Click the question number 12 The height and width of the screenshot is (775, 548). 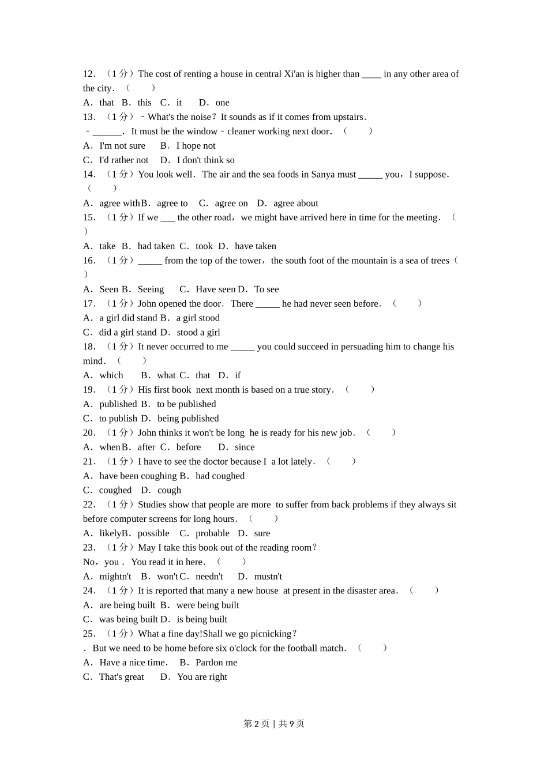(x=89, y=74)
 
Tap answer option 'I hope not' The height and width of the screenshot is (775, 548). (x=196, y=146)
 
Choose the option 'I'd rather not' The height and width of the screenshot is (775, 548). (x=123, y=160)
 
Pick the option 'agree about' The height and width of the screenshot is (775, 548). (x=295, y=203)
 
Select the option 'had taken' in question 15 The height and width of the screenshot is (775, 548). (x=156, y=246)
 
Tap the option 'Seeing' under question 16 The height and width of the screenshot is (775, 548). (x=151, y=289)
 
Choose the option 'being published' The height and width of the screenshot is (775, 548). (x=188, y=419)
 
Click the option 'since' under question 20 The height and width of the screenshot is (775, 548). (x=245, y=447)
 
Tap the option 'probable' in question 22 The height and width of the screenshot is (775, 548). (x=212, y=533)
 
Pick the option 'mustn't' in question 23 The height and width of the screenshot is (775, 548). (x=268, y=577)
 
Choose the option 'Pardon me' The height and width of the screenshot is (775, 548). (x=216, y=663)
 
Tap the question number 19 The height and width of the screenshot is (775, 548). (x=89, y=390)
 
